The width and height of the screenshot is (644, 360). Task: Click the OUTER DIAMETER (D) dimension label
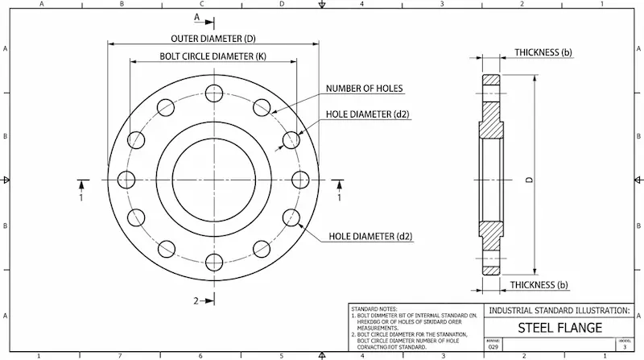tap(213, 38)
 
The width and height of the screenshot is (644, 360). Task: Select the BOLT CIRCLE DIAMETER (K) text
tap(213, 56)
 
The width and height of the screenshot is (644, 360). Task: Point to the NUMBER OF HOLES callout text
tap(364, 89)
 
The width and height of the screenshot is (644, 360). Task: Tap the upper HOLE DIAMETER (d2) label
tap(368, 114)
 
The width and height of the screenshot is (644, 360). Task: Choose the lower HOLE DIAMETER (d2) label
tap(371, 237)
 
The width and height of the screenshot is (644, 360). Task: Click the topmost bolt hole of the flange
tap(213, 93)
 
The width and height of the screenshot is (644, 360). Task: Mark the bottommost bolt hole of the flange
tap(213, 262)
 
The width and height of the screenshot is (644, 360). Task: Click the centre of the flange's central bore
tap(213, 178)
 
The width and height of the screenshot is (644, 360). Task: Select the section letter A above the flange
tap(196, 16)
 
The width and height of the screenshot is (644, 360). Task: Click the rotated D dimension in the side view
tap(529, 179)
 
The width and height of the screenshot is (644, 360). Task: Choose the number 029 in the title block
tap(493, 349)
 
